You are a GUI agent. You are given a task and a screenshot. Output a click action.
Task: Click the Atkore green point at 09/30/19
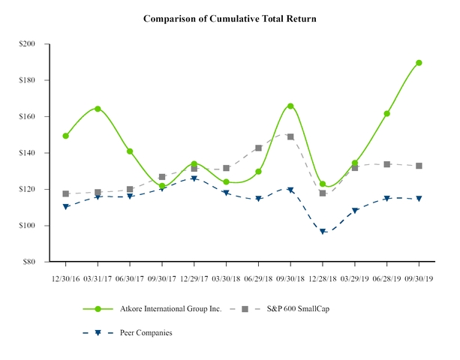(419, 63)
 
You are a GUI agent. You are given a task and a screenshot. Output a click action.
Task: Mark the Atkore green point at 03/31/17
(98, 109)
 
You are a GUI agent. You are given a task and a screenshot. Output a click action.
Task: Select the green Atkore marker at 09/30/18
(290, 106)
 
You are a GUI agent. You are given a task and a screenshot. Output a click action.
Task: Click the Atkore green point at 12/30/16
(66, 136)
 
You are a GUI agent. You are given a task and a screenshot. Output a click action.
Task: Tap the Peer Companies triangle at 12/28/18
(323, 232)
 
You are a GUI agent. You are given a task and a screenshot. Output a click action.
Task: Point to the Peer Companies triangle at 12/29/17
(194, 178)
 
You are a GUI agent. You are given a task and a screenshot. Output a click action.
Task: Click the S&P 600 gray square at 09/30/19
(419, 166)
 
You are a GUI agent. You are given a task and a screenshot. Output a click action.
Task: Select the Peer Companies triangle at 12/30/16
(66, 206)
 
